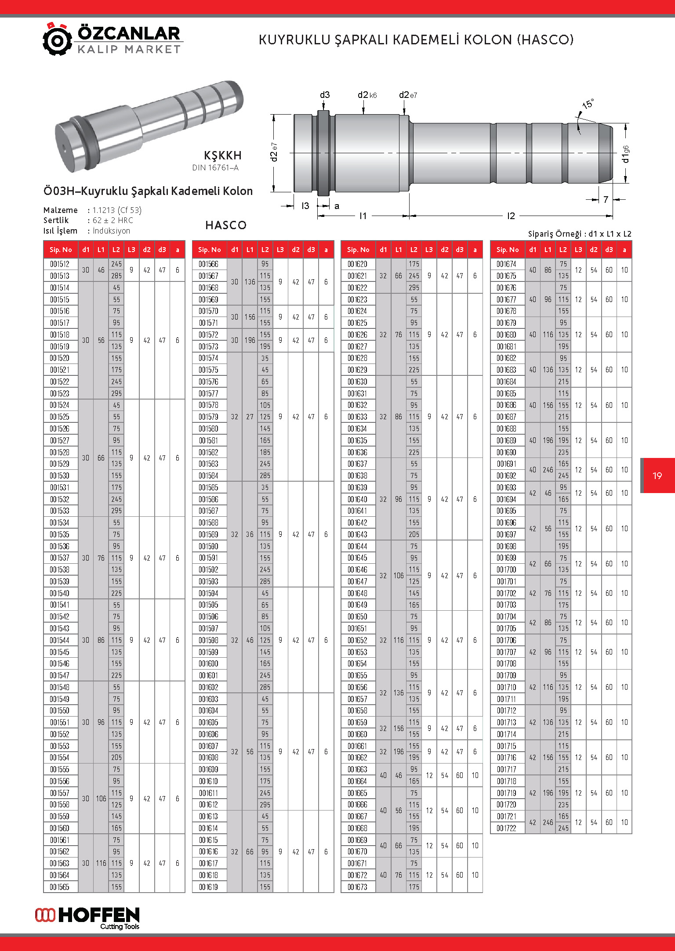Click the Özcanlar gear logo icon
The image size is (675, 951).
coord(57,40)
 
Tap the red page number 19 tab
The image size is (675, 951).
coord(657,476)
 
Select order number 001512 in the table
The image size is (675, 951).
coord(60,264)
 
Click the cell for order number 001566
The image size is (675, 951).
coord(209,264)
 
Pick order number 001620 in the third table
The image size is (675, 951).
coord(358,264)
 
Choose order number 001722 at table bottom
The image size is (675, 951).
coord(507,828)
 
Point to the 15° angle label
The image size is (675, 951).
coord(588,104)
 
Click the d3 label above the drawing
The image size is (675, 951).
coord(324,95)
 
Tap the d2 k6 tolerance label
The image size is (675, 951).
coord(367,95)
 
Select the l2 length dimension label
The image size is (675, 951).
coord(511,216)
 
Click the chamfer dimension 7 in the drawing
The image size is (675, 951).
coord(606,200)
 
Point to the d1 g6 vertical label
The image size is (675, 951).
coord(625,153)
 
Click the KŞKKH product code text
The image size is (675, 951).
coord(223,155)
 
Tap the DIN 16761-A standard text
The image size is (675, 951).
coord(215,168)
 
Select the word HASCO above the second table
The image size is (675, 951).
coord(226,225)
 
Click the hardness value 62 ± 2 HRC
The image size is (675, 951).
coord(112,220)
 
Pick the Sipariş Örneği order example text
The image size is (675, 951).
coord(579,234)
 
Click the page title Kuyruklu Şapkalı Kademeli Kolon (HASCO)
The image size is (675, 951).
coord(416,40)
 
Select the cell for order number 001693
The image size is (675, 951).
coord(507,487)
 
